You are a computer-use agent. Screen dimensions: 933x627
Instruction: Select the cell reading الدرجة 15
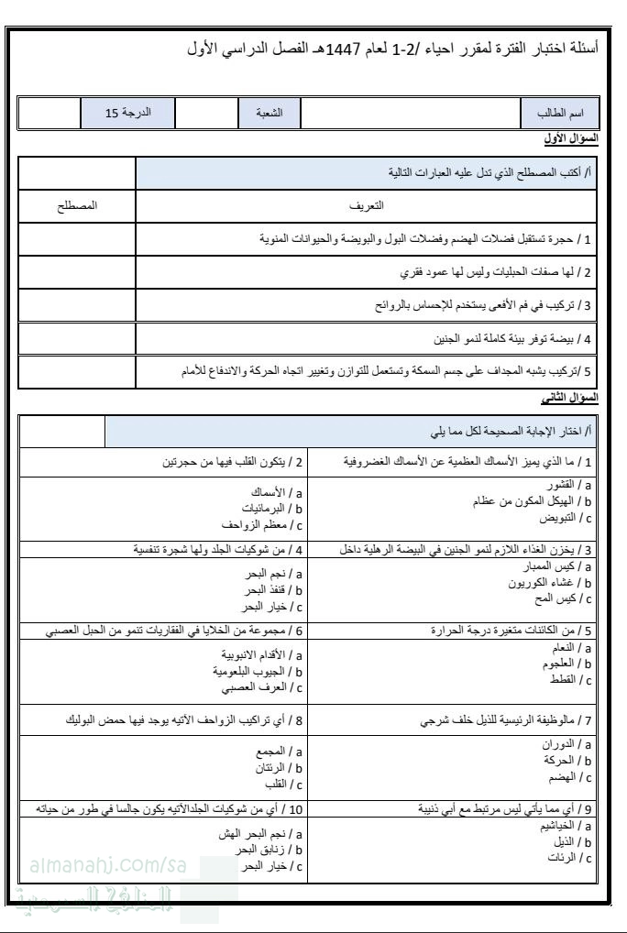coord(127,114)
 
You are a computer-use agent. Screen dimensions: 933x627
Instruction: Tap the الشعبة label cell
coord(269,114)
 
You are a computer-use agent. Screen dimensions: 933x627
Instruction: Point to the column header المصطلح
coord(77,206)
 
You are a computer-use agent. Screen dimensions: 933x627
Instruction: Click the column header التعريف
coord(368,206)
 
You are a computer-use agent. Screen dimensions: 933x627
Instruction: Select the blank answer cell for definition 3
coord(77,305)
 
